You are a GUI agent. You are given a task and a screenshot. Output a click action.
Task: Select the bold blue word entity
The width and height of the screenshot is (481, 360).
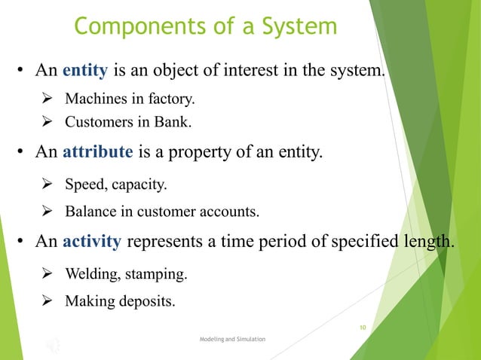[x=87, y=72]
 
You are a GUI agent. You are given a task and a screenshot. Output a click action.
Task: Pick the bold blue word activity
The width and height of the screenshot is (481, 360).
[x=92, y=243]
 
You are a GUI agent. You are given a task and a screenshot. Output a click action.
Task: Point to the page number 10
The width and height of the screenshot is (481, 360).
[x=363, y=328]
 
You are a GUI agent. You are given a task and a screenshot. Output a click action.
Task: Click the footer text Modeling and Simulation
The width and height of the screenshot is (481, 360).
[x=232, y=340]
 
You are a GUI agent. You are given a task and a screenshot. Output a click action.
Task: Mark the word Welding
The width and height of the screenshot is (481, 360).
[x=89, y=273]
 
